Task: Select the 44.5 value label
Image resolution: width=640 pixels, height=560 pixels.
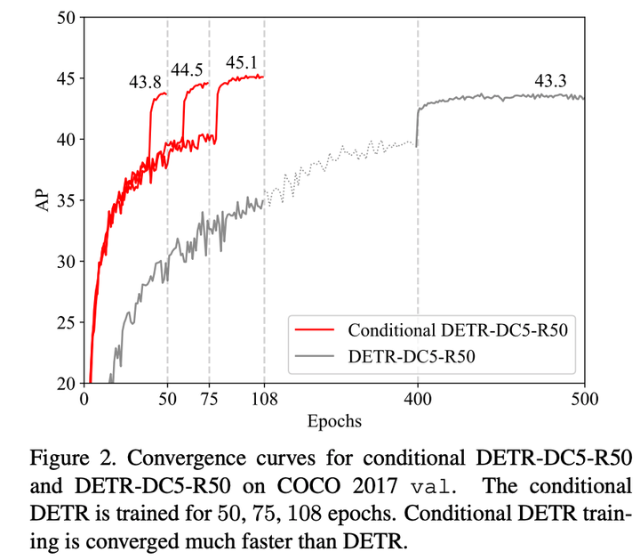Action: (188, 70)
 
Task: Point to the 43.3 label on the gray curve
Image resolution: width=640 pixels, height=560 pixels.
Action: (550, 81)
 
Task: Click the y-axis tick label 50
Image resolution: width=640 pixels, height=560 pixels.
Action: (65, 17)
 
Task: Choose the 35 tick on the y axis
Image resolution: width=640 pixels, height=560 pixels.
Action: (65, 200)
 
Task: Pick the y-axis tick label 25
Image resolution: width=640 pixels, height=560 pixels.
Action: (65, 322)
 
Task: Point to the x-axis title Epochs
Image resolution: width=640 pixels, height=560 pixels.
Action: (334, 418)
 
